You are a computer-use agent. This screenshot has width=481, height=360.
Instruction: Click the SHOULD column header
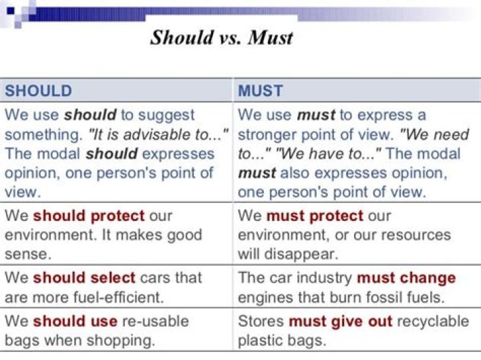(x=39, y=91)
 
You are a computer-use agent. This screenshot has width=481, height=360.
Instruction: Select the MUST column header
(x=261, y=91)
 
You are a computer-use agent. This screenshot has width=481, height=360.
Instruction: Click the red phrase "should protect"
(x=89, y=216)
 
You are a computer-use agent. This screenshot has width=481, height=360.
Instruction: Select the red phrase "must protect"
(x=315, y=216)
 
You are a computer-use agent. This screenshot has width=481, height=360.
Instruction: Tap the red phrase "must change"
(x=406, y=277)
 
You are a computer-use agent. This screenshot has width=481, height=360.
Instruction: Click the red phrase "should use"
(x=75, y=321)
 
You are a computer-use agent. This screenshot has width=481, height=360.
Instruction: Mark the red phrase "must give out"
(x=341, y=321)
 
